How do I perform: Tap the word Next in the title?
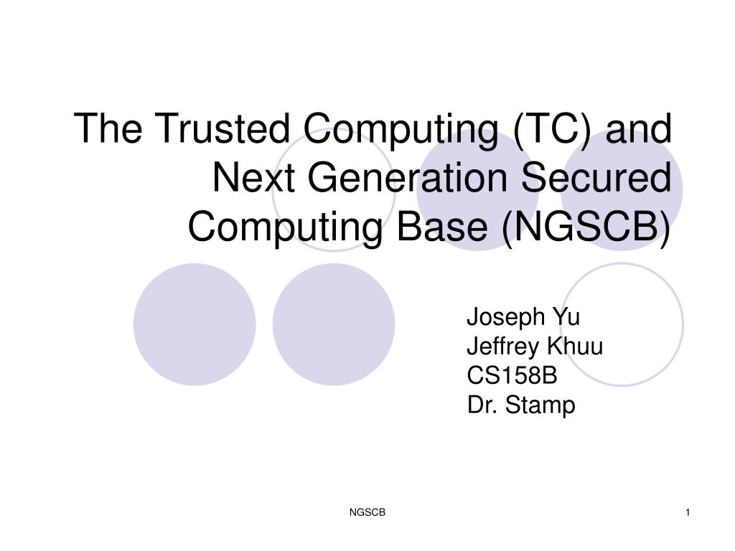[x=253, y=177]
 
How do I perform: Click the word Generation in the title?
[x=408, y=177]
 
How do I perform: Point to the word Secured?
[x=596, y=177]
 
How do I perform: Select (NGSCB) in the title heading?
[x=586, y=227]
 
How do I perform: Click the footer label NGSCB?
[x=367, y=512]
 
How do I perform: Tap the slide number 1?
[x=688, y=512]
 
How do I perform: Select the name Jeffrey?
[x=503, y=347]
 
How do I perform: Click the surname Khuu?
[x=575, y=347]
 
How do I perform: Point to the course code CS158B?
[x=512, y=375]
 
